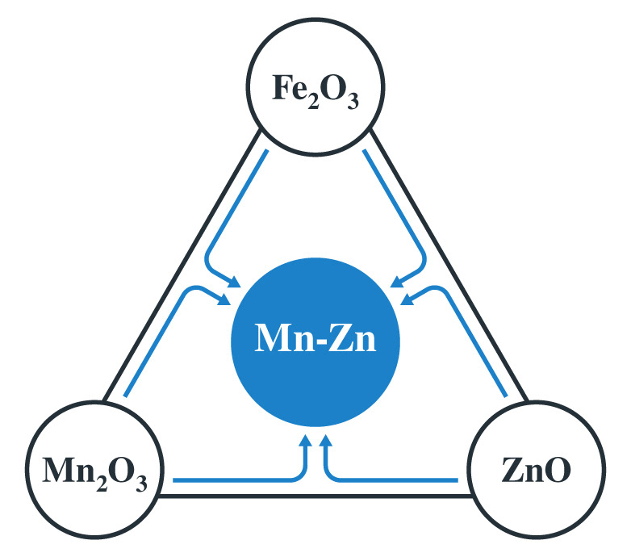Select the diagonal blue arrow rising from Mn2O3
[x=157, y=347]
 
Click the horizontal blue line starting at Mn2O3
[x=234, y=480]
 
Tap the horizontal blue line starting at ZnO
[x=395, y=480]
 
